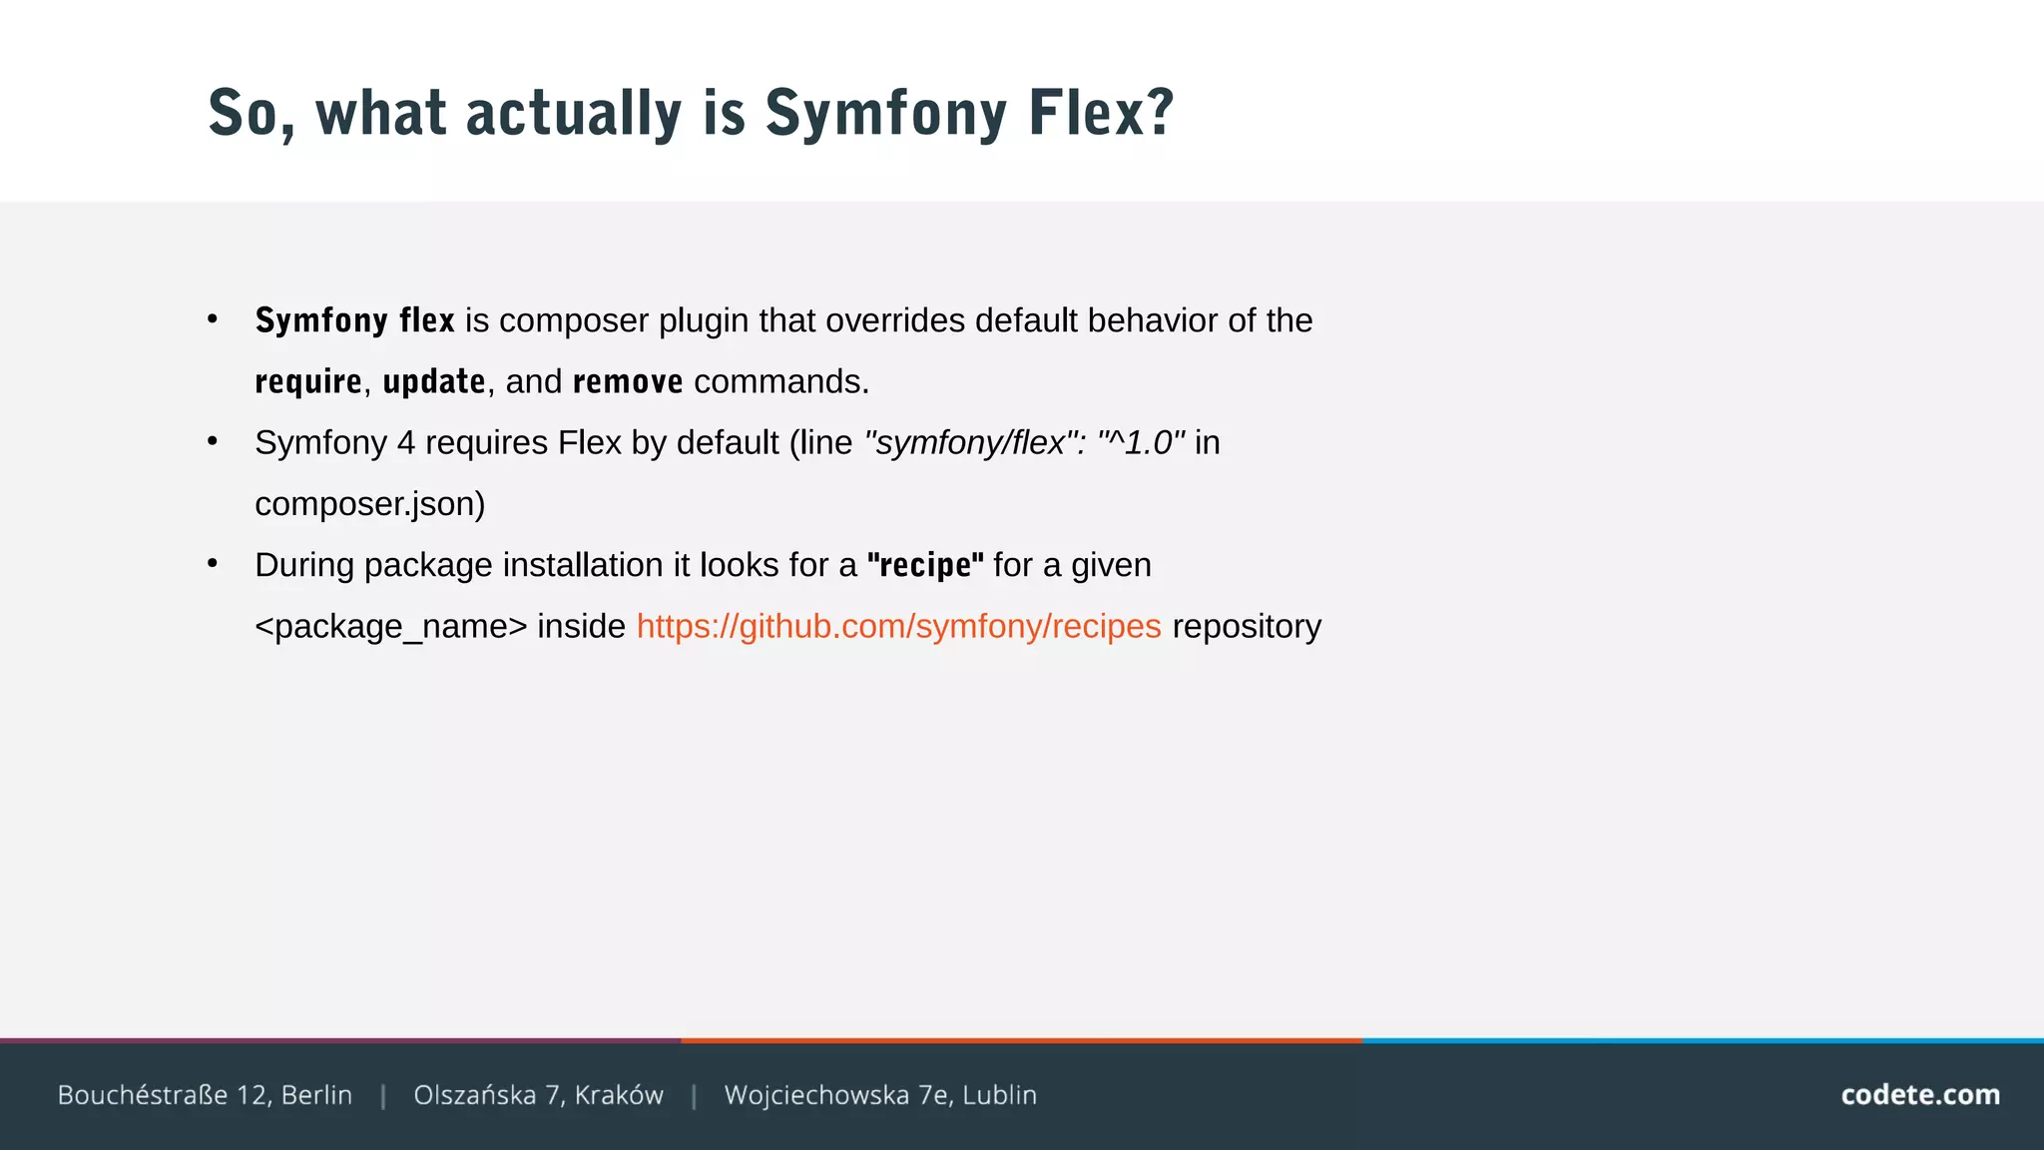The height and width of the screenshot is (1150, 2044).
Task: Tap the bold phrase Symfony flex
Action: pyautogui.click(x=354, y=320)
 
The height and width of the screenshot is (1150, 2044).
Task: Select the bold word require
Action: pyautogui.click(x=308, y=382)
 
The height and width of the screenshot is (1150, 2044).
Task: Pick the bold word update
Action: pyautogui.click(x=434, y=381)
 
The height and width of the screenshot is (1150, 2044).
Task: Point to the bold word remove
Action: pyautogui.click(x=628, y=381)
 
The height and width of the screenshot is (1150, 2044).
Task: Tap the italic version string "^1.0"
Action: pyautogui.click(x=1141, y=442)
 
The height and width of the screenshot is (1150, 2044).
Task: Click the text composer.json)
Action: pyautogui.click(x=369, y=504)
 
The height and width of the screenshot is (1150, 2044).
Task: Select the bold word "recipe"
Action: pyautogui.click(x=925, y=566)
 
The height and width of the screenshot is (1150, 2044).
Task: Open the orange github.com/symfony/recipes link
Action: pyautogui.click(x=898, y=627)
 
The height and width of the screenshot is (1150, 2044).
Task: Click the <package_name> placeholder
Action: pyautogui.click(x=390, y=627)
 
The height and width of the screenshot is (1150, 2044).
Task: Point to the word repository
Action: pyautogui.click(x=1246, y=627)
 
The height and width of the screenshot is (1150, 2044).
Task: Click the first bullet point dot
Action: pyautogui.click(x=213, y=319)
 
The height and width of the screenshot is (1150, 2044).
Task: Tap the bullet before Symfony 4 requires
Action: pyautogui.click(x=213, y=441)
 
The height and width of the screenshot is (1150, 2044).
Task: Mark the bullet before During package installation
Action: pyautogui.click(x=213, y=564)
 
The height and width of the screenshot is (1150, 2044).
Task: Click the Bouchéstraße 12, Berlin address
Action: pyautogui.click(x=205, y=1095)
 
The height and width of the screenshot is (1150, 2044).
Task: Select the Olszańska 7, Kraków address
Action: pyautogui.click(x=538, y=1095)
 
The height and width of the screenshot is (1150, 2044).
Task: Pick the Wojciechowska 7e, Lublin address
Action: pyautogui.click(x=880, y=1095)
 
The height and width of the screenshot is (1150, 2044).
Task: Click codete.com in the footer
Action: pyautogui.click(x=1919, y=1095)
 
